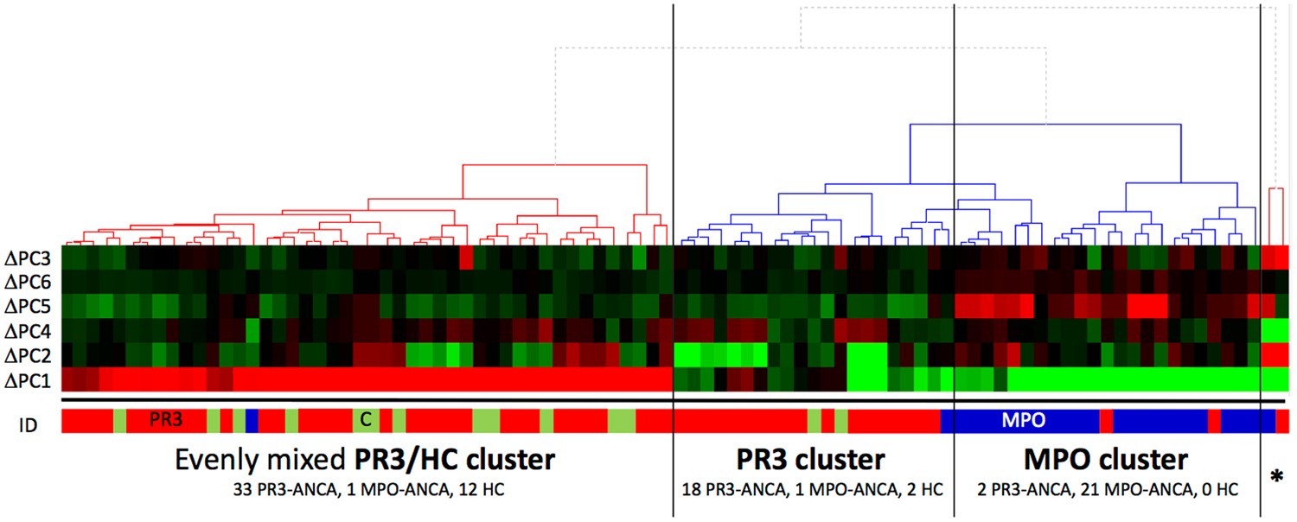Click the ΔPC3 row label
point(29,258)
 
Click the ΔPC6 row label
point(29,282)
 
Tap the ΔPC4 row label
point(29,330)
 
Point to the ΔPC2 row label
point(29,354)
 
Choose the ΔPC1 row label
point(29,379)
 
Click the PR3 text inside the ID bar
point(165,421)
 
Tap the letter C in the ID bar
point(366,421)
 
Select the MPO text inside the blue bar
point(1024,421)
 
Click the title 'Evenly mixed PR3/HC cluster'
point(364,460)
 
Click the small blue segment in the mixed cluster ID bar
point(252,421)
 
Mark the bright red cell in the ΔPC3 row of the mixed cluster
point(466,258)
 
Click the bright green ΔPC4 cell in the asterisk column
point(1275,330)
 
